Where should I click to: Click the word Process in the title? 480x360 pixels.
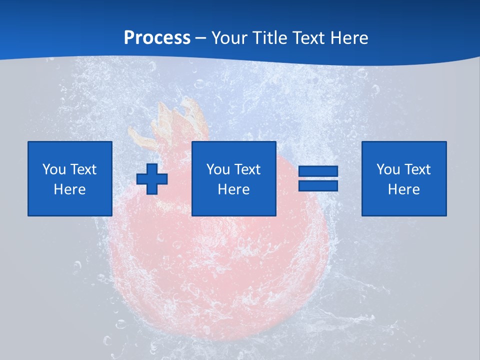click(157, 38)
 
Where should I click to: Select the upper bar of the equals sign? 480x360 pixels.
click(318, 171)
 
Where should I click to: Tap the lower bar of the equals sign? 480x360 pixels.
click(318, 185)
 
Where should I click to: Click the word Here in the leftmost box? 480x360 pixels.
click(69, 189)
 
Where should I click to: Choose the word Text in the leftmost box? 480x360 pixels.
click(83, 169)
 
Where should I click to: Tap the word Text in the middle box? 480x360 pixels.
click(247, 169)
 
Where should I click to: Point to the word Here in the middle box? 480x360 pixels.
click(233, 189)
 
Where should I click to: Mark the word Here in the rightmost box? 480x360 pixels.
click(403, 189)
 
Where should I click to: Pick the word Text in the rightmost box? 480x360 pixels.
click(417, 169)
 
